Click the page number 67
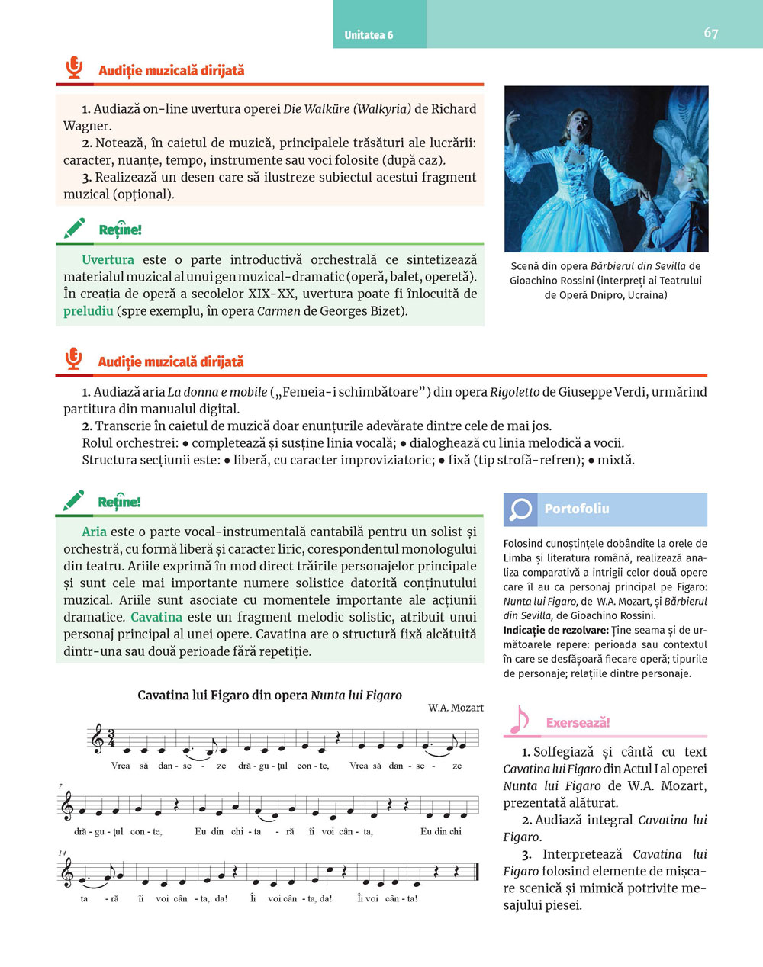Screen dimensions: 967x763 click(710, 33)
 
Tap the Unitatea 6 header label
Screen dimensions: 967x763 click(369, 35)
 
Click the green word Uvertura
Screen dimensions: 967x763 click(108, 260)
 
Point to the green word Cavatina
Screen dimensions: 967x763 click(156, 618)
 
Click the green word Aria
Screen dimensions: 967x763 click(94, 532)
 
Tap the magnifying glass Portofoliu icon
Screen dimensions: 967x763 click(520, 509)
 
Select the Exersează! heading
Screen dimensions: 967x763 click(578, 723)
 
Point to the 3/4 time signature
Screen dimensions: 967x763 click(111, 738)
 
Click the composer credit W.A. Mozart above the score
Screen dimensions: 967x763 click(456, 708)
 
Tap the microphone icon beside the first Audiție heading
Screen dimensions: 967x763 click(74, 69)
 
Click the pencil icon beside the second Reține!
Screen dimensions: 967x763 click(74, 501)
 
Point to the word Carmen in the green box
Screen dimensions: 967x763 click(278, 311)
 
